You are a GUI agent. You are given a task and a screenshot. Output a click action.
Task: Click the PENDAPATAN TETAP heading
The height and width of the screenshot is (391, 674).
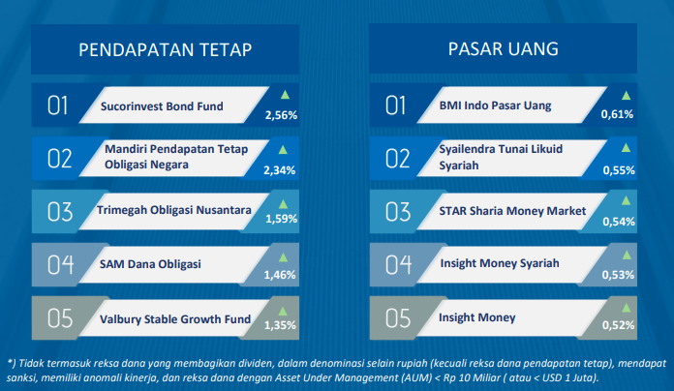(x=165, y=49)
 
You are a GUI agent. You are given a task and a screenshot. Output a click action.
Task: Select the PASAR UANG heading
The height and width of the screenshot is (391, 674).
(x=503, y=49)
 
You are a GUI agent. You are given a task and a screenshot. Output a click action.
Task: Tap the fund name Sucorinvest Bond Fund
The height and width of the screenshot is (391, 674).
(x=162, y=106)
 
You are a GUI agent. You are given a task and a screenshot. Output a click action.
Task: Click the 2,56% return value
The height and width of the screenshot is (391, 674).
(x=281, y=115)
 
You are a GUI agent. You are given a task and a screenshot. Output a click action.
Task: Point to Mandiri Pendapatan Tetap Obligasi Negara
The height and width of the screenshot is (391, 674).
(x=176, y=157)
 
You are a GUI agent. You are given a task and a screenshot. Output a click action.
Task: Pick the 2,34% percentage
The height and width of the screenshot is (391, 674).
(x=280, y=170)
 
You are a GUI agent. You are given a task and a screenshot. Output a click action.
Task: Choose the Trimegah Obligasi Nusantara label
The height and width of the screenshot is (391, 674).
(x=173, y=210)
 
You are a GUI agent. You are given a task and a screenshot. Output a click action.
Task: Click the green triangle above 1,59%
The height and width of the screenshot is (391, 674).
(x=283, y=203)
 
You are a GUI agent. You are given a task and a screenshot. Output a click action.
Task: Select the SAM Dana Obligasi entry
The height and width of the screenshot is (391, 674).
(x=150, y=264)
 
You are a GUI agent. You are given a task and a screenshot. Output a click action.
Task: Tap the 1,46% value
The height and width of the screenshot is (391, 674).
(x=280, y=275)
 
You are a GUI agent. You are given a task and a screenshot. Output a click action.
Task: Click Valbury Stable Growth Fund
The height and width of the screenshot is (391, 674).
(x=175, y=319)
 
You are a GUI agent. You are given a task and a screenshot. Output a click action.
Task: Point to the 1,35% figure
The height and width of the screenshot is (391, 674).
(x=280, y=325)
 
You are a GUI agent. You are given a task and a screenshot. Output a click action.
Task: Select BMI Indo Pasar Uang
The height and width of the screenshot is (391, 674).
(x=495, y=105)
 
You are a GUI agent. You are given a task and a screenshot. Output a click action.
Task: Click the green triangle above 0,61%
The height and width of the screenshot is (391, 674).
(x=626, y=96)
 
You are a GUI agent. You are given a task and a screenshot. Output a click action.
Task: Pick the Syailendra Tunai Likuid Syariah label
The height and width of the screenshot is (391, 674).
(x=501, y=157)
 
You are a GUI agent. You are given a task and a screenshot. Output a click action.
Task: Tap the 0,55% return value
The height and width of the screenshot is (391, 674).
(x=619, y=170)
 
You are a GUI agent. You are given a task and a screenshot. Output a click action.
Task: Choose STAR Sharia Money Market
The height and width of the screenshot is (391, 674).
(x=512, y=211)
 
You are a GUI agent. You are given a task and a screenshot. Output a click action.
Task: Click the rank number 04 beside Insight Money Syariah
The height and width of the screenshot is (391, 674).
(x=398, y=264)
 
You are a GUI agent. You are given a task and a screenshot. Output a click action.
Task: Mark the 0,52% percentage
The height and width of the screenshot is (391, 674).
(x=618, y=325)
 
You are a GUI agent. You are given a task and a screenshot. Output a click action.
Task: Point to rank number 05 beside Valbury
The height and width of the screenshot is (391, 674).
(x=60, y=318)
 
